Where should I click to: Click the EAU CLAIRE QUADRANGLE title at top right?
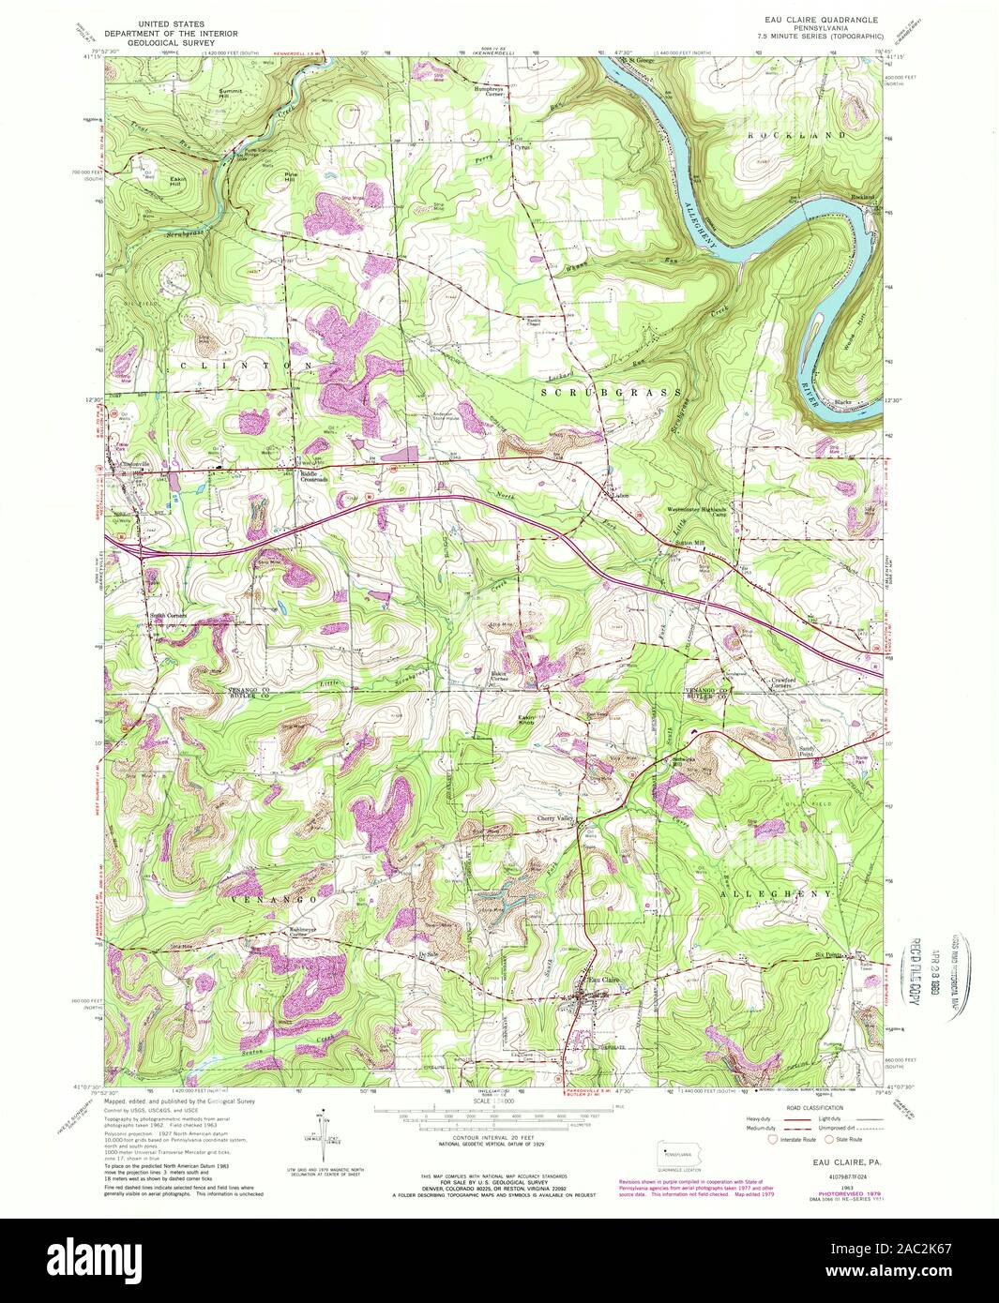coord(821,16)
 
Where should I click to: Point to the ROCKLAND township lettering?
coord(790,136)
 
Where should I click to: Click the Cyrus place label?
coord(522,148)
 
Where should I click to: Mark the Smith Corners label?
coord(169,616)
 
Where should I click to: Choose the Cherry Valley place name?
coord(554,818)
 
